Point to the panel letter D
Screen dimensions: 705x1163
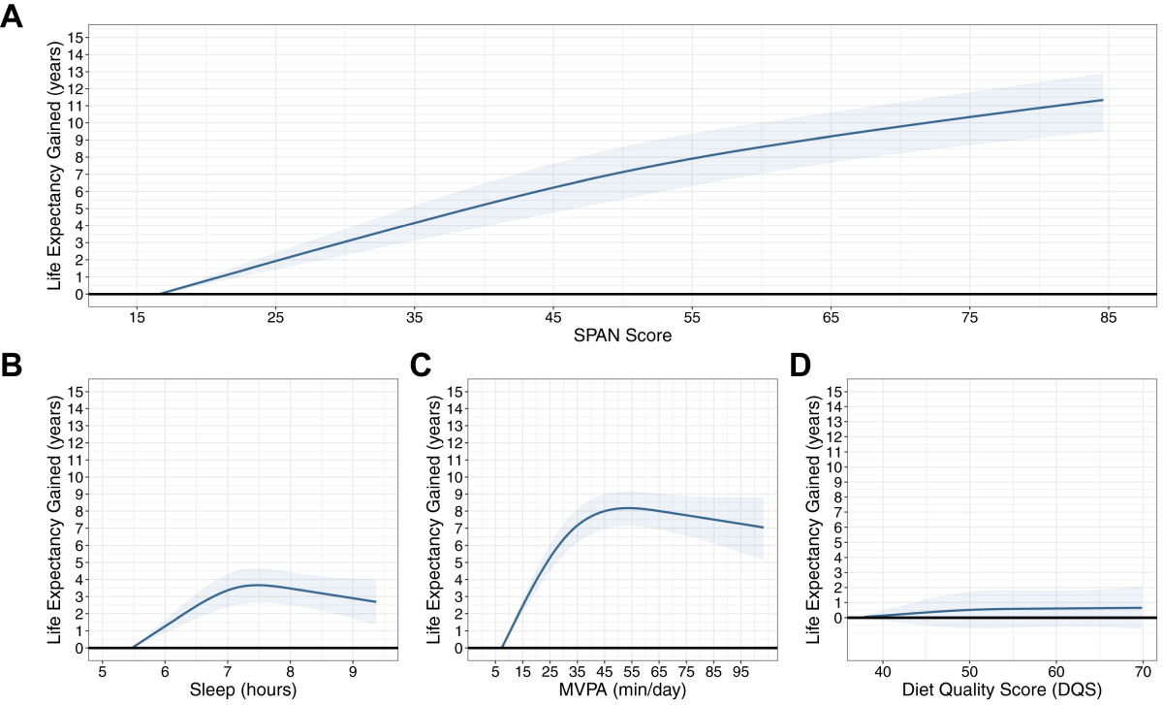[800, 367]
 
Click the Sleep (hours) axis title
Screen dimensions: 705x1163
[241, 689]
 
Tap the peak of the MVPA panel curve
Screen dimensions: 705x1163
[629, 507]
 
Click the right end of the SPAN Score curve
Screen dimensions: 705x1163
[1102, 100]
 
